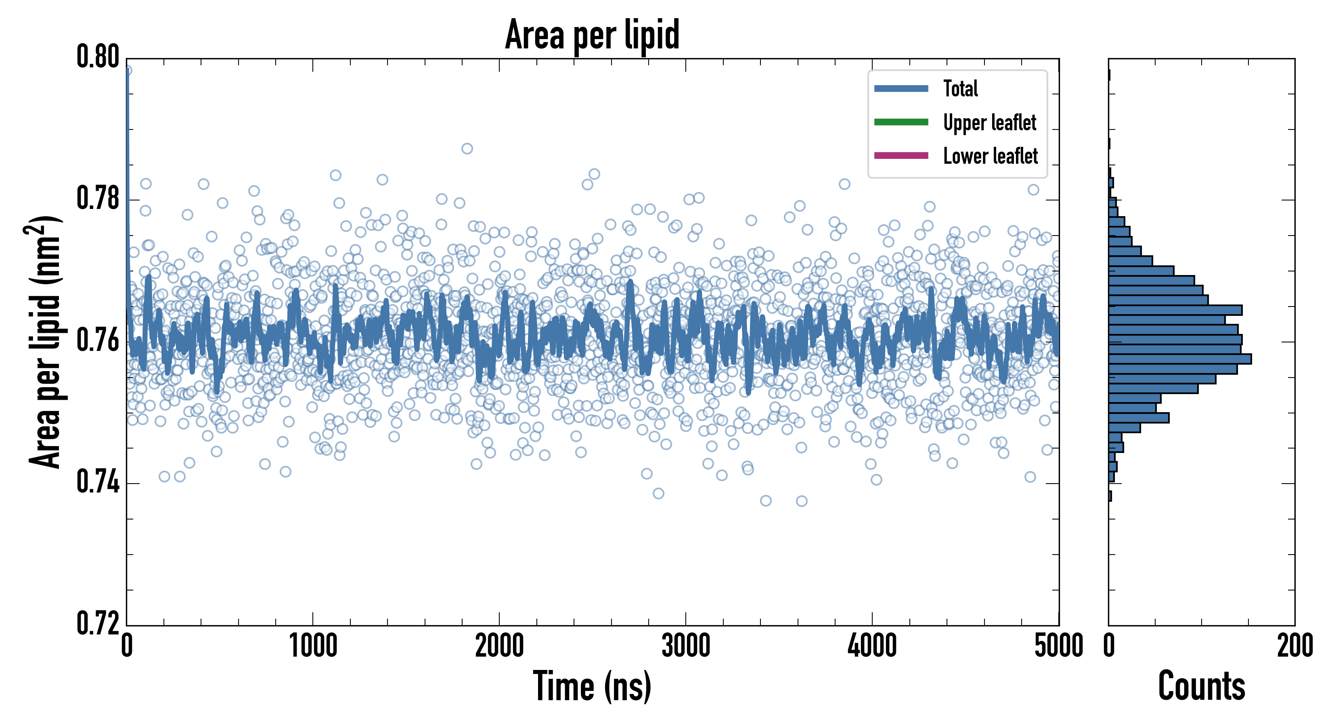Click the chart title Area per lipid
point(592,35)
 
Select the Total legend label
point(960,88)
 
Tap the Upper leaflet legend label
point(990,123)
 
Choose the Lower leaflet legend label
point(990,156)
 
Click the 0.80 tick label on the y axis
point(98,57)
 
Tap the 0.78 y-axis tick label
point(98,199)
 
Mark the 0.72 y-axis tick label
point(98,624)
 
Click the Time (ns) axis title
point(592,686)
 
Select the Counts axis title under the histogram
point(1201,686)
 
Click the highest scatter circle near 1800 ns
point(467,149)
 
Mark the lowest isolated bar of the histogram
point(1110,496)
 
